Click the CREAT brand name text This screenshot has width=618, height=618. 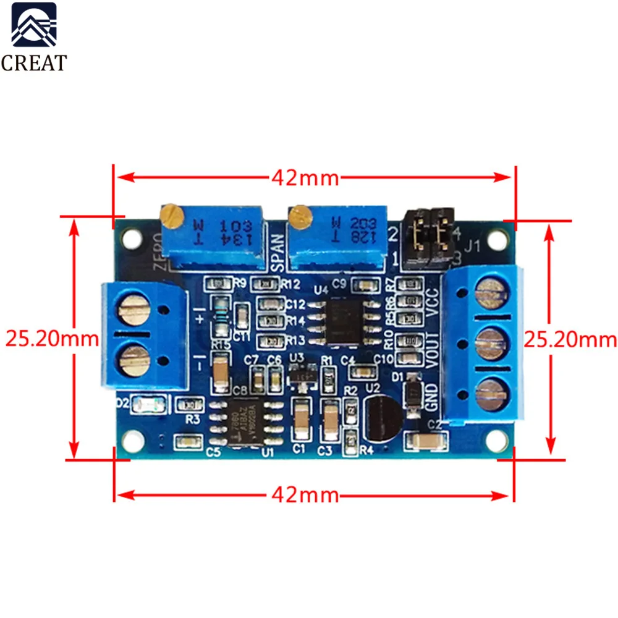click(34, 63)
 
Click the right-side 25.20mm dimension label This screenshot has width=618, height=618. click(570, 339)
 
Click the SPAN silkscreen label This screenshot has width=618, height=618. click(277, 253)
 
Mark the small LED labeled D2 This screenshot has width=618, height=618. click(151, 405)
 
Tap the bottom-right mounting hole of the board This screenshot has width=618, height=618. click(495, 439)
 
